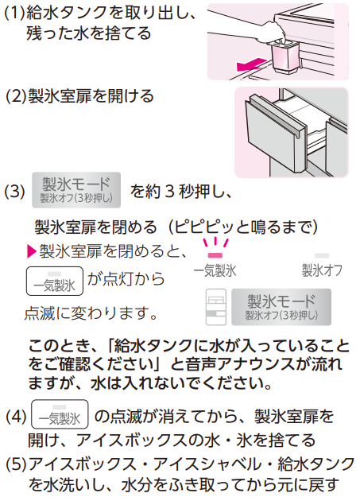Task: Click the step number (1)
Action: pyautogui.click(x=14, y=13)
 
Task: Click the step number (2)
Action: pyautogui.click(x=16, y=96)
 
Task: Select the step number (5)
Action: pyautogui.click(x=16, y=464)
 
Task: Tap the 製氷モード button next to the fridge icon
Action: pyautogui.click(x=281, y=307)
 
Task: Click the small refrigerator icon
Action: pyautogui.click(x=216, y=307)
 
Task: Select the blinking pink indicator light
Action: pyautogui.click(x=215, y=255)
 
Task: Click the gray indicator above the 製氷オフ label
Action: pyautogui.click(x=322, y=255)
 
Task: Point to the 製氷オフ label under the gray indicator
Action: pyautogui.click(x=322, y=270)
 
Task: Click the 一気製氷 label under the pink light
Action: pyautogui.click(x=215, y=270)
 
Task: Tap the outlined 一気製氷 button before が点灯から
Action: pyautogui.click(x=55, y=282)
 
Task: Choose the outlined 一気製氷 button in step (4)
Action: pyautogui.click(x=60, y=414)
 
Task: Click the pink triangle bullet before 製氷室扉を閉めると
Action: pyautogui.click(x=32, y=251)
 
